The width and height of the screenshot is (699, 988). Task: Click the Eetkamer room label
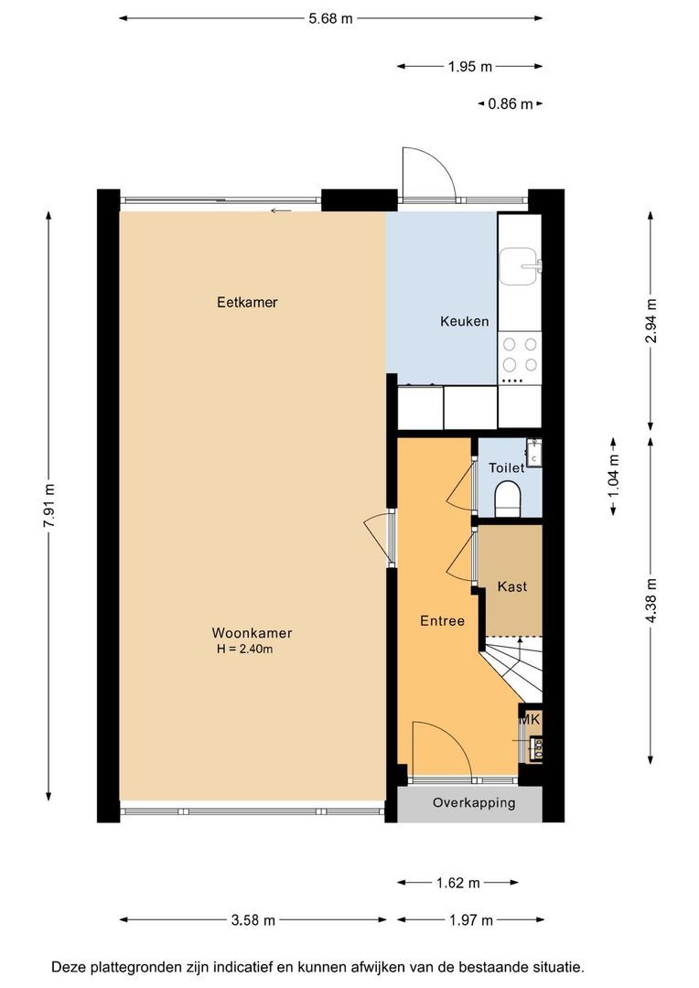247,303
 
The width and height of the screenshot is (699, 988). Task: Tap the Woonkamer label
252,633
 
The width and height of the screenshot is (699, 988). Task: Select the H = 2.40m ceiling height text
244,649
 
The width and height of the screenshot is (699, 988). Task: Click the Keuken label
465,321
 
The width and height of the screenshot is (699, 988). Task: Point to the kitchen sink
520,266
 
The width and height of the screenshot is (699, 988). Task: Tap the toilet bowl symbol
508,499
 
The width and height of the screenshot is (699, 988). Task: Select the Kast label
511,586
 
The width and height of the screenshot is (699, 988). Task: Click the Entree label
443,621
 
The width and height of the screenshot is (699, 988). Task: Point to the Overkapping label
474,803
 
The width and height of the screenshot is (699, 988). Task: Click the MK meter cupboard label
530,719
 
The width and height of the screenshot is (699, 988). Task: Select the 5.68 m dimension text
330,19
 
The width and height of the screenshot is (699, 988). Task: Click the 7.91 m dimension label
49,507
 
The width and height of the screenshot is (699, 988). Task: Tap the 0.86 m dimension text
510,104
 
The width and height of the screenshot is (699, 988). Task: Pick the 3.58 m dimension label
253,920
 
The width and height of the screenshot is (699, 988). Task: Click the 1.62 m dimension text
458,884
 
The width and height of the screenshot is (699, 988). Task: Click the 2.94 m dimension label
651,321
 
